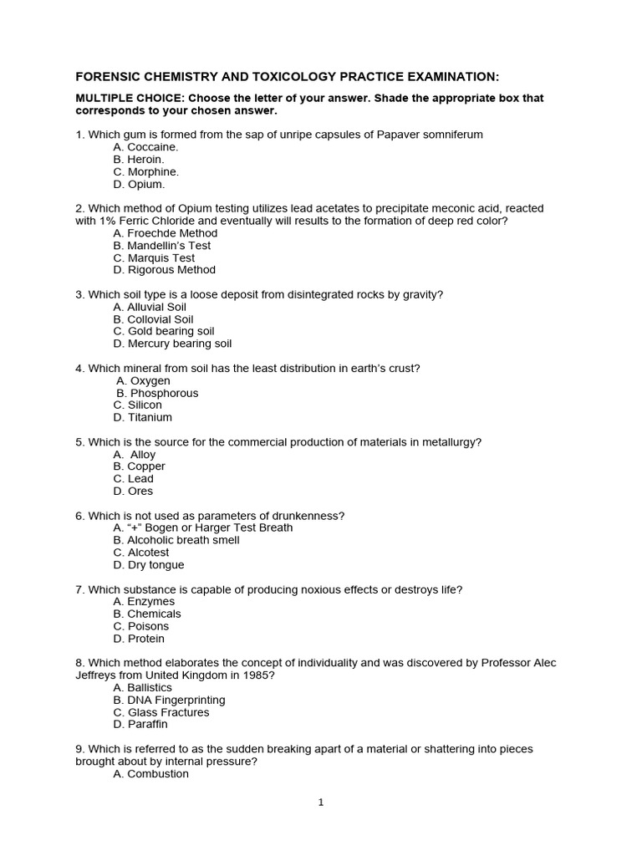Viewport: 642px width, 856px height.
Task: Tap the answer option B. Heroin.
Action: [139, 159]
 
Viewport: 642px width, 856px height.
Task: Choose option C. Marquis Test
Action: [154, 258]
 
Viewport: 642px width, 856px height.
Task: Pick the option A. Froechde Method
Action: [165, 233]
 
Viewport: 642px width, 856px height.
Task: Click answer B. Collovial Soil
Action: [153, 319]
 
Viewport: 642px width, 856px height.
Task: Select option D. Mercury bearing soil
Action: [172, 344]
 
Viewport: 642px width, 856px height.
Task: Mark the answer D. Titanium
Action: [143, 417]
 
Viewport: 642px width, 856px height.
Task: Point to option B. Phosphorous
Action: [157, 393]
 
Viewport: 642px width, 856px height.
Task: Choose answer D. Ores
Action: [134, 491]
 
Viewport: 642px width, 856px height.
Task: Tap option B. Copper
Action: [140, 466]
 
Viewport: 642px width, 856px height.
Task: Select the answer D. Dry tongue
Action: [149, 565]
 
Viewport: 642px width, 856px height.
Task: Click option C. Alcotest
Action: [141, 553]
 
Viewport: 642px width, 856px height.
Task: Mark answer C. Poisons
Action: [141, 626]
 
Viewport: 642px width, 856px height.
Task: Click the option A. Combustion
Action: [150, 774]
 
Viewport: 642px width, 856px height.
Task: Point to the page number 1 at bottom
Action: [320, 803]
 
